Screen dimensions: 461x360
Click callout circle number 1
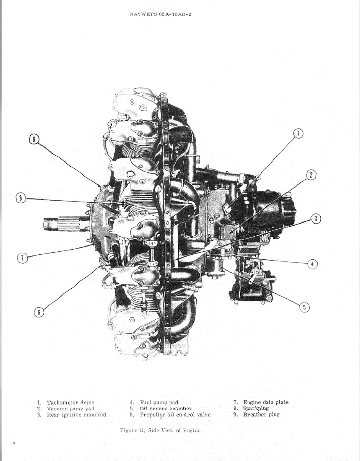pyautogui.click(x=298, y=134)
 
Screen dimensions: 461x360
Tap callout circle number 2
pyautogui.click(x=311, y=175)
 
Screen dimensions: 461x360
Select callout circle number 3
pyautogui.click(x=316, y=219)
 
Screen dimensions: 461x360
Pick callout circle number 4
pyautogui.click(x=312, y=264)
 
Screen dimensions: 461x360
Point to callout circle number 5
pyautogui.click(x=305, y=307)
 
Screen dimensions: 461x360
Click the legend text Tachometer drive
pyautogui.click(x=70, y=403)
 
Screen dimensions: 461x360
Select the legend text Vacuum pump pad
pyautogui.click(x=70, y=409)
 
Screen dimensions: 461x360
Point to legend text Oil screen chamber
pyautogui.click(x=165, y=408)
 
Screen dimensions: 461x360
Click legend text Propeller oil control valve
pyautogui.click(x=175, y=415)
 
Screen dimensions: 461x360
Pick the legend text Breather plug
pyautogui.click(x=261, y=415)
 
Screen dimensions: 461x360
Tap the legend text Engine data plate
pyautogui.click(x=265, y=402)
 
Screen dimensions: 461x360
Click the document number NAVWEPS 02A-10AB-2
pyautogui.click(x=160, y=14)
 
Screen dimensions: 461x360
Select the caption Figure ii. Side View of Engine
pyautogui.click(x=160, y=430)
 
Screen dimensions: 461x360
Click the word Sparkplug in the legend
pyautogui.click(x=256, y=408)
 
